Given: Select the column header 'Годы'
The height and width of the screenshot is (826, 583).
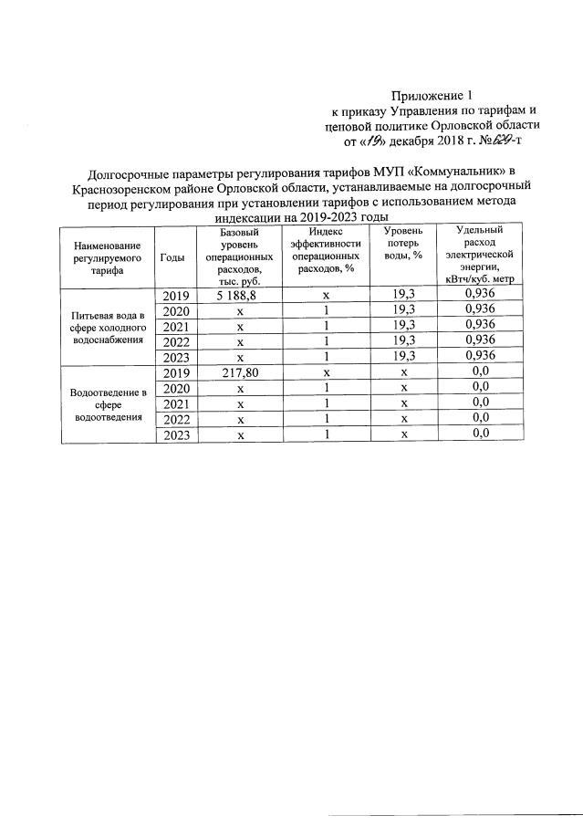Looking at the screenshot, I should tap(172, 257).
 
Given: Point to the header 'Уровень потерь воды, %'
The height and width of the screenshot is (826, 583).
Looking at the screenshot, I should tap(402, 245).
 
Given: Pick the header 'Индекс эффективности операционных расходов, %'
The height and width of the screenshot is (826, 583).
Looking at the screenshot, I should tap(326, 251).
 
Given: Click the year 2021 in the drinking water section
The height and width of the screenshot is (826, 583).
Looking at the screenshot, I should tap(175, 326).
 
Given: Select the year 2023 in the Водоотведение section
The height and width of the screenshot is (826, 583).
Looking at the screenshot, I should tap(175, 434).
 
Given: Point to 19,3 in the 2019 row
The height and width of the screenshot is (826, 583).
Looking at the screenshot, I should tap(404, 296).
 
